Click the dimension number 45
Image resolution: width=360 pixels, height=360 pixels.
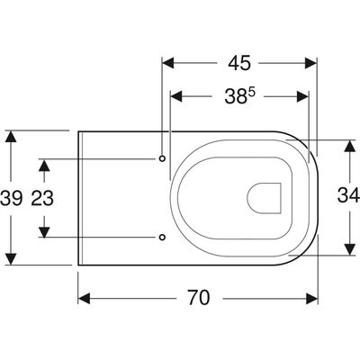239,63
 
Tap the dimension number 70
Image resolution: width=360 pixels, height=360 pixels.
199,298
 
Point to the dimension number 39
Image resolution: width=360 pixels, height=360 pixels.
11,198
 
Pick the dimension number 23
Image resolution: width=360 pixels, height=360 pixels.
42,198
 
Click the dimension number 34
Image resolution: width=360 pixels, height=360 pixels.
348,195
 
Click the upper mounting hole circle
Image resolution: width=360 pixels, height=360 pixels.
162,158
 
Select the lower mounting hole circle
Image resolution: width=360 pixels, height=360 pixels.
162,237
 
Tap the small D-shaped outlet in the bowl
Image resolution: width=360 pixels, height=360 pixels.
264,198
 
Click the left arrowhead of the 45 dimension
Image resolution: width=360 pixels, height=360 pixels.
168,63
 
